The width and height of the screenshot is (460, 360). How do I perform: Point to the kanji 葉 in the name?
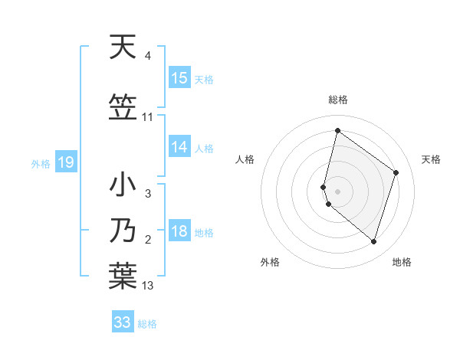(123, 275)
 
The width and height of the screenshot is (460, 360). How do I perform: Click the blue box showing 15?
(179, 78)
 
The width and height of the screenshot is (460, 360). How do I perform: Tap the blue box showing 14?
(179, 147)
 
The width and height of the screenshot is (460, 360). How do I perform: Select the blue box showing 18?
(179, 232)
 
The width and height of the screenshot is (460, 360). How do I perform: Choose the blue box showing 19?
(65, 162)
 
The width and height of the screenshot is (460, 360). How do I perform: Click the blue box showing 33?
(123, 322)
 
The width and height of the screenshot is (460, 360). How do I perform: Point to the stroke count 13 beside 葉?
(148, 286)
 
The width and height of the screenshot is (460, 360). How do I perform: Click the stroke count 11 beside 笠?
(148, 117)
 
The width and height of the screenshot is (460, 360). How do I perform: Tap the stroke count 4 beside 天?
(148, 57)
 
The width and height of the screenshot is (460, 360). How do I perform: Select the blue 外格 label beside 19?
(41, 163)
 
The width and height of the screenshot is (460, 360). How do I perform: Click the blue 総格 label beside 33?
(147, 323)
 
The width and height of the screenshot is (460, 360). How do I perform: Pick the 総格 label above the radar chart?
(337, 100)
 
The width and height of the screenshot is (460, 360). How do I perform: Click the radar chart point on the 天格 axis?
(396, 172)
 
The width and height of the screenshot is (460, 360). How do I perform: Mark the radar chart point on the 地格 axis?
(373, 241)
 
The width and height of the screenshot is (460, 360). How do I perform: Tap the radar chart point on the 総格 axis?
(337, 130)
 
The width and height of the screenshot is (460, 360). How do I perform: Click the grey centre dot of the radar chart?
(337, 191)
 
